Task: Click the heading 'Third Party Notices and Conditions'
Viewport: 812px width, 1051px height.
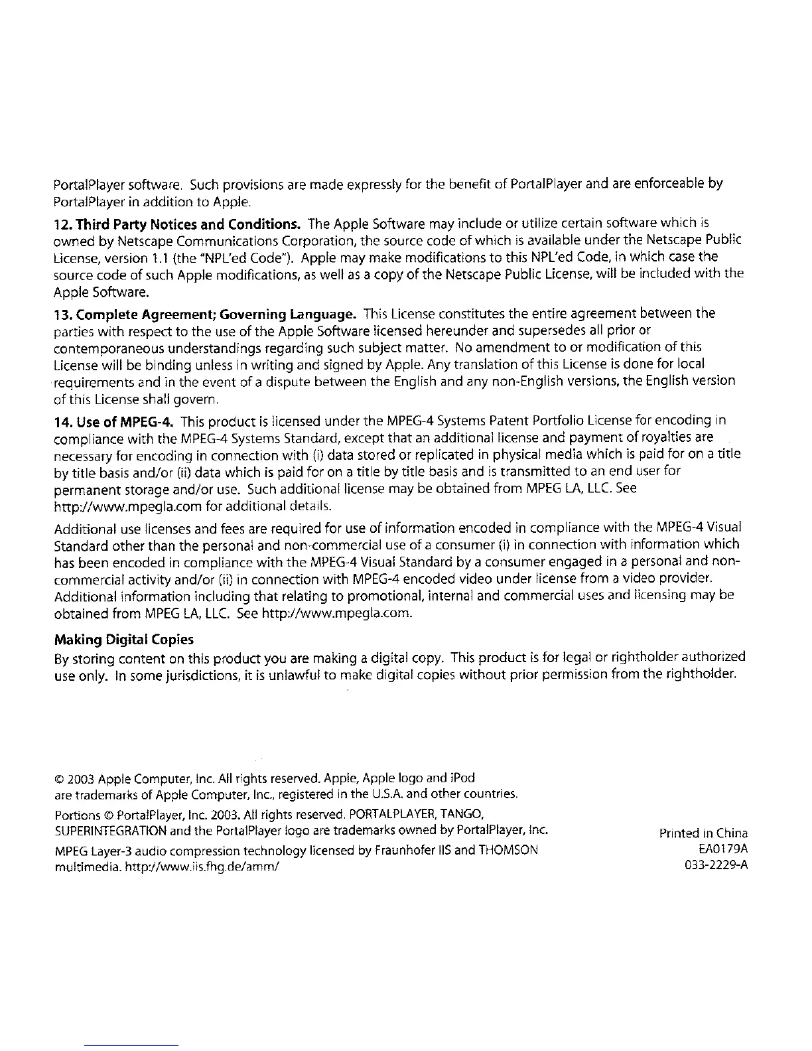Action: click(178, 222)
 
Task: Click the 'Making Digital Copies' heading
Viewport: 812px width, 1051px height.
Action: click(123, 640)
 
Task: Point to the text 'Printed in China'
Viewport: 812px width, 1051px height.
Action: click(703, 833)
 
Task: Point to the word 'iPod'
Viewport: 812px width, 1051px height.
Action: click(462, 778)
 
